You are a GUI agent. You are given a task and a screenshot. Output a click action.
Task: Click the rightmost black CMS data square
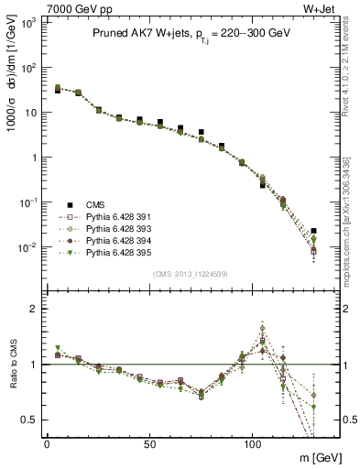click(x=314, y=231)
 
